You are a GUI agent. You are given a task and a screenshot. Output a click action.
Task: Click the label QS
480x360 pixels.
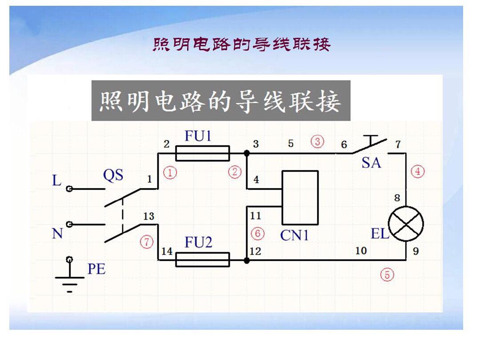(x=113, y=176)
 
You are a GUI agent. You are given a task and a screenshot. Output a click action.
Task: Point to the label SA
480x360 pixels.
(x=371, y=163)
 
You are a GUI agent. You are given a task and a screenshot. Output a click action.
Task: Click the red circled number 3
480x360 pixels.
(x=317, y=141)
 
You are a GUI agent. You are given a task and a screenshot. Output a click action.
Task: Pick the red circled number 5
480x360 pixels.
(x=387, y=274)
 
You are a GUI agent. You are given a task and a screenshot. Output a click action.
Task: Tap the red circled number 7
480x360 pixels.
(x=147, y=242)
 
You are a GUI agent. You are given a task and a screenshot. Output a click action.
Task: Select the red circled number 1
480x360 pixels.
(x=170, y=172)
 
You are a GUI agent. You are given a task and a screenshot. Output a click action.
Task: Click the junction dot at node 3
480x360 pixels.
(x=247, y=153)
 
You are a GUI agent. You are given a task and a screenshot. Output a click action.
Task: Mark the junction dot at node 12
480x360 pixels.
(x=247, y=260)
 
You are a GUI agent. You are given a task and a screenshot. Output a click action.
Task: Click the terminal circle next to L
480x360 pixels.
(x=69, y=189)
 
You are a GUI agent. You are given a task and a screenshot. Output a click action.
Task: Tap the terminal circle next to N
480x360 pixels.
(x=69, y=225)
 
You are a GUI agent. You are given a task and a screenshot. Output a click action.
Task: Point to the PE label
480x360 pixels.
(x=96, y=269)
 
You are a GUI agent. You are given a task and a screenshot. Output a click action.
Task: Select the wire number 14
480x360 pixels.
(x=167, y=251)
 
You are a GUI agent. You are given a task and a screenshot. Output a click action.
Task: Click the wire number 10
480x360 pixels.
(x=361, y=251)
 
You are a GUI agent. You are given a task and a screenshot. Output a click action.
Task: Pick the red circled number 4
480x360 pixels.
(x=417, y=172)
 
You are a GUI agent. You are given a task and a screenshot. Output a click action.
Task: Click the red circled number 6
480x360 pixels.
(x=257, y=234)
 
